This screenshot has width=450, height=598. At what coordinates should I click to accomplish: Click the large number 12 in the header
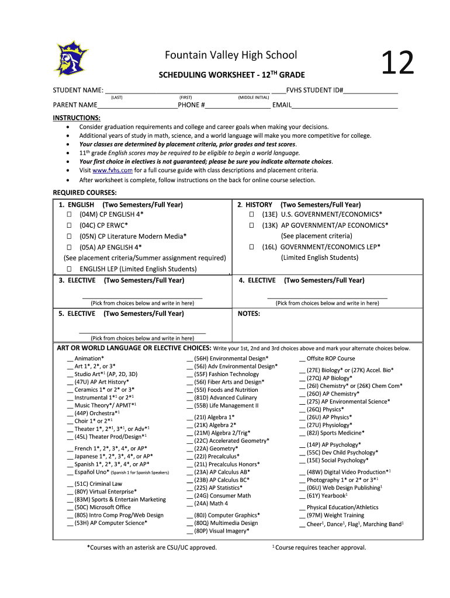397,63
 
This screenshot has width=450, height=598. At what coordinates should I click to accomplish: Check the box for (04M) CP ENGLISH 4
68,215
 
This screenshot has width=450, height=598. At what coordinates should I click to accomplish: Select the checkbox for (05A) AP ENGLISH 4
68,247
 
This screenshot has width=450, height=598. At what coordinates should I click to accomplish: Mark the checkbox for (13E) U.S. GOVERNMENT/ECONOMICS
251,215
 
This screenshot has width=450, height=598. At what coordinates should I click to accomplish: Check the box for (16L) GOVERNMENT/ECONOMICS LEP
251,247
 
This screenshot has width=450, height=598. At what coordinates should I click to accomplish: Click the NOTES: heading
249,314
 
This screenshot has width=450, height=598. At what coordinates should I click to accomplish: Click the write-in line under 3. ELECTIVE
142,297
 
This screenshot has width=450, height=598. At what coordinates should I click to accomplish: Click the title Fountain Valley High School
231,55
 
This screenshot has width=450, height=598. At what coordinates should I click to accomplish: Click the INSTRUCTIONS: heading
77,117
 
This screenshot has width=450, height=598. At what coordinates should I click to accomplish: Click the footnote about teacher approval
320,548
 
